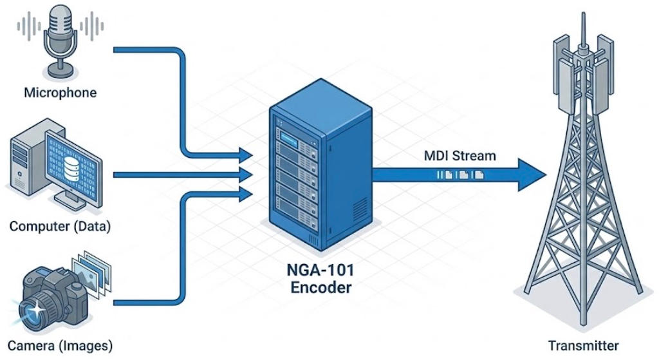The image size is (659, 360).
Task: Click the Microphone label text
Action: coord(60,93)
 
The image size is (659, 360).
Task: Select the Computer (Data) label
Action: coord(60,227)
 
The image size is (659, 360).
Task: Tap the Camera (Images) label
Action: coord(60,345)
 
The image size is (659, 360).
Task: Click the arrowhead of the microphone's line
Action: coord(245,155)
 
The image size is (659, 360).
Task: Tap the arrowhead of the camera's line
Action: coord(245,191)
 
